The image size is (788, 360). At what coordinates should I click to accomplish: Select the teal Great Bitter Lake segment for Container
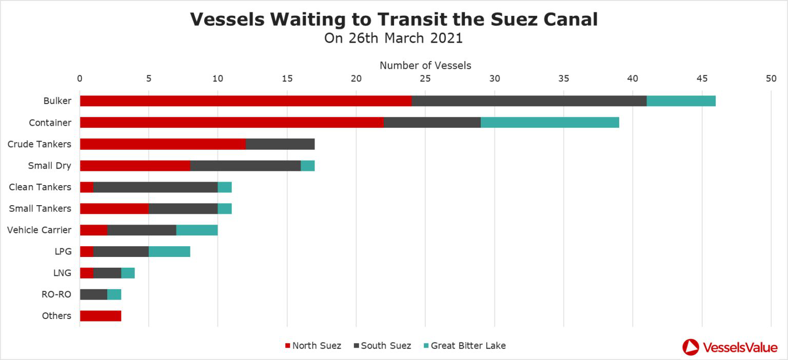549,123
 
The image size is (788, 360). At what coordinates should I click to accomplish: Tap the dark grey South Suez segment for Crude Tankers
280,144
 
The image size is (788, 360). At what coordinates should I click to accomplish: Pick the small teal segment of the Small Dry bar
307,166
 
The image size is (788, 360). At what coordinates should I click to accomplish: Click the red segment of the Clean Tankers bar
87,187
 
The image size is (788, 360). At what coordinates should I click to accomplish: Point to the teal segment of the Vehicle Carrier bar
197,230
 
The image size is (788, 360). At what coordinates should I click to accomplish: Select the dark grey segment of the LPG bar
121,251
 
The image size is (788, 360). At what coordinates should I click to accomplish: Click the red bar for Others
101,316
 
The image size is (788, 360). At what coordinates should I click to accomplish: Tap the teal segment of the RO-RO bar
114,294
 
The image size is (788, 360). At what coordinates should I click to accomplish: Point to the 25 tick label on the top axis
425,78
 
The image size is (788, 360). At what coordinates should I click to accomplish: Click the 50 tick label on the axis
771,78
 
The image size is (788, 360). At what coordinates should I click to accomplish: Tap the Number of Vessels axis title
425,65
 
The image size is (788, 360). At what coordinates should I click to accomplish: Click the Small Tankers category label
40,209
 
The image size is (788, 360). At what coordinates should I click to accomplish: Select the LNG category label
62,273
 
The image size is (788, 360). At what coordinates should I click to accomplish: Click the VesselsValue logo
730,347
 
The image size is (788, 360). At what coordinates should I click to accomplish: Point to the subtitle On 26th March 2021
393,38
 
